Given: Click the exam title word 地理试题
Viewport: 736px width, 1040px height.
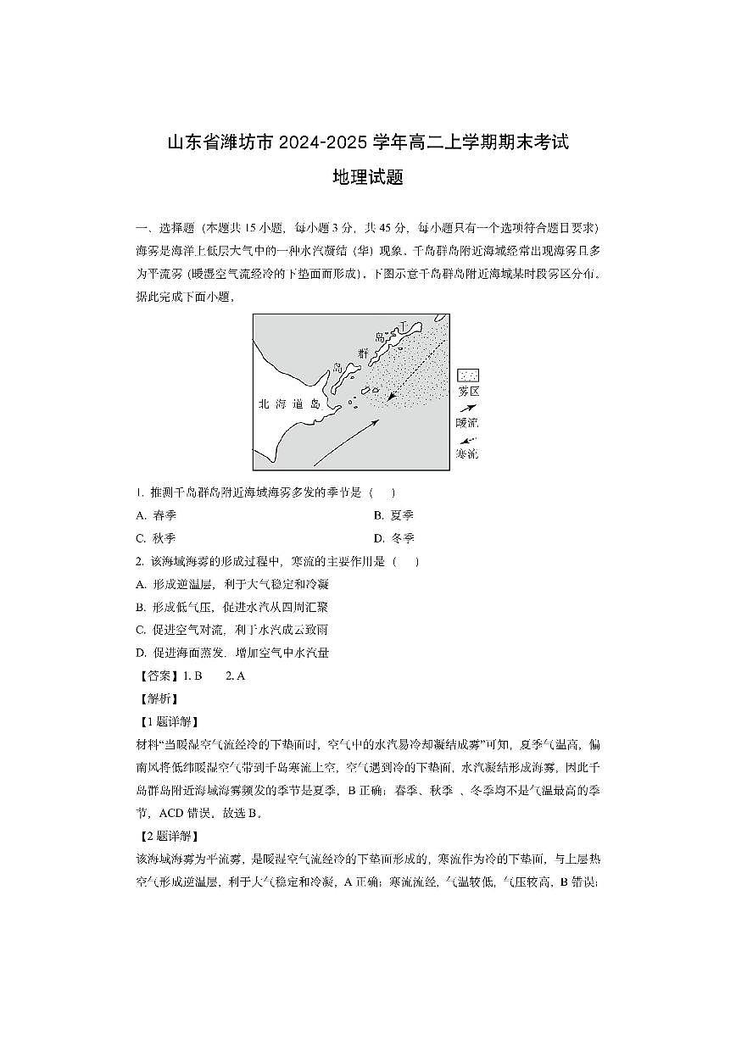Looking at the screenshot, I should [x=367, y=178].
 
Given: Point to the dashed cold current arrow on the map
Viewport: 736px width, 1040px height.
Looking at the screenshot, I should [x=415, y=365].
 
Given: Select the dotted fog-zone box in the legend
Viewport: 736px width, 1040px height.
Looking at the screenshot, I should [x=468, y=375].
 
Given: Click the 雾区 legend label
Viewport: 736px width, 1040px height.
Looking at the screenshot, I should [x=468, y=392].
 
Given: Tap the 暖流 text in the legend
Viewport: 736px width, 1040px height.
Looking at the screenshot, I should [x=467, y=422].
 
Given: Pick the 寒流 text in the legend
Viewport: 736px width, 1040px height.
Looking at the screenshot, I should [x=467, y=453].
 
